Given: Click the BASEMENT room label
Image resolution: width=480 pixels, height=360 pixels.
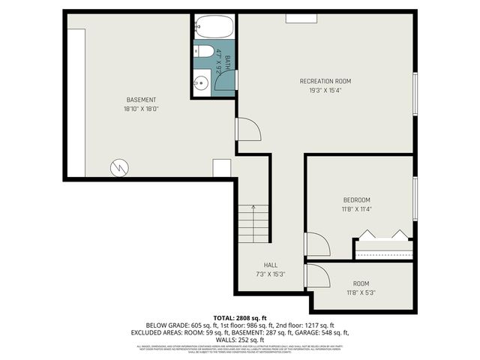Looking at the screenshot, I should point(141,100).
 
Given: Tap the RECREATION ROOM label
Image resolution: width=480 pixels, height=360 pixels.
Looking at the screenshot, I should point(325,81).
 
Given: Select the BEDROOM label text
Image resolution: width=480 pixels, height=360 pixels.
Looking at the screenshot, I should point(356,199).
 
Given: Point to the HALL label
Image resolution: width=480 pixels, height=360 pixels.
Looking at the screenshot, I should point(271,265).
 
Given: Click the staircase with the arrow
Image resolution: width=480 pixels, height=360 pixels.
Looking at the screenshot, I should point(253,223).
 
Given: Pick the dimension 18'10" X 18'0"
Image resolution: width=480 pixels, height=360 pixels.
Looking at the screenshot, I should point(141,109).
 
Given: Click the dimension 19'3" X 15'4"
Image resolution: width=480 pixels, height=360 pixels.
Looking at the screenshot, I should point(325,90).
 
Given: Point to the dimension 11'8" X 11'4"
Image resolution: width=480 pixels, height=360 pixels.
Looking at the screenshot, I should point(356,208).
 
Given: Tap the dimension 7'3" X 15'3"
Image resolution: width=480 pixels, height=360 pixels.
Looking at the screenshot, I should point(271,274).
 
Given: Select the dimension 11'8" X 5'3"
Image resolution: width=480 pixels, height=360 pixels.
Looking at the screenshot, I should point(361,292).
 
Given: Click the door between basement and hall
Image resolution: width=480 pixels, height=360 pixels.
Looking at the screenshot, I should point(248,129).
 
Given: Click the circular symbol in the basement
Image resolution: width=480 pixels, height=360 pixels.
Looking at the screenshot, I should point(118,167).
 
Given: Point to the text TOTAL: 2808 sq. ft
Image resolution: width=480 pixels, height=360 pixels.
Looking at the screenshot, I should point(240,318).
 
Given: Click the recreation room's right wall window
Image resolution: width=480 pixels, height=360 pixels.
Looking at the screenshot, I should point(415,94).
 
